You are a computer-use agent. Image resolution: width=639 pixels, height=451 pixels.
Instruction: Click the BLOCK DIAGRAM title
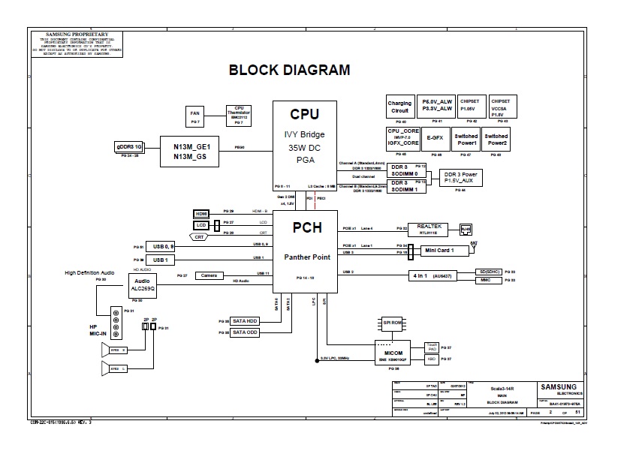(x=289, y=71)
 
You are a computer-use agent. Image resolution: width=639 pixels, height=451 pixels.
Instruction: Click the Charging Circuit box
(x=399, y=107)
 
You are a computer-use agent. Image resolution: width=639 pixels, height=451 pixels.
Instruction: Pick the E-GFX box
(x=434, y=139)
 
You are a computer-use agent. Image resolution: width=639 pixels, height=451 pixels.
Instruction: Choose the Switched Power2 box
(x=496, y=139)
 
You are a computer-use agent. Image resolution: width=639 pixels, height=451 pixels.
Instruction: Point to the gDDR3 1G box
(x=128, y=146)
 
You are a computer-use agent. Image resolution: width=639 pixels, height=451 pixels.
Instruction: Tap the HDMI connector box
(x=201, y=214)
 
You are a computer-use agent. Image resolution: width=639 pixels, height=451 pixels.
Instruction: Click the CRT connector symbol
(x=199, y=236)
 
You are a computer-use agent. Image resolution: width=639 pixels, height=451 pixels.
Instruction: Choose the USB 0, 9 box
(x=164, y=246)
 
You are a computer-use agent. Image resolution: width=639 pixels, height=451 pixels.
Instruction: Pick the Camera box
(x=209, y=275)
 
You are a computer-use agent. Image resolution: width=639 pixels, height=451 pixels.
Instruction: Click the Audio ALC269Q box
(x=141, y=284)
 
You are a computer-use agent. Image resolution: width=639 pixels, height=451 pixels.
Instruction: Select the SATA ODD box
(x=245, y=332)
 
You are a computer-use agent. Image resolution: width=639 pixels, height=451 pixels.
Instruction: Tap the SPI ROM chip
(x=393, y=323)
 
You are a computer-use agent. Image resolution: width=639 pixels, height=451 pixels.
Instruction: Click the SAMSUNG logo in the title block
(x=558, y=387)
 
